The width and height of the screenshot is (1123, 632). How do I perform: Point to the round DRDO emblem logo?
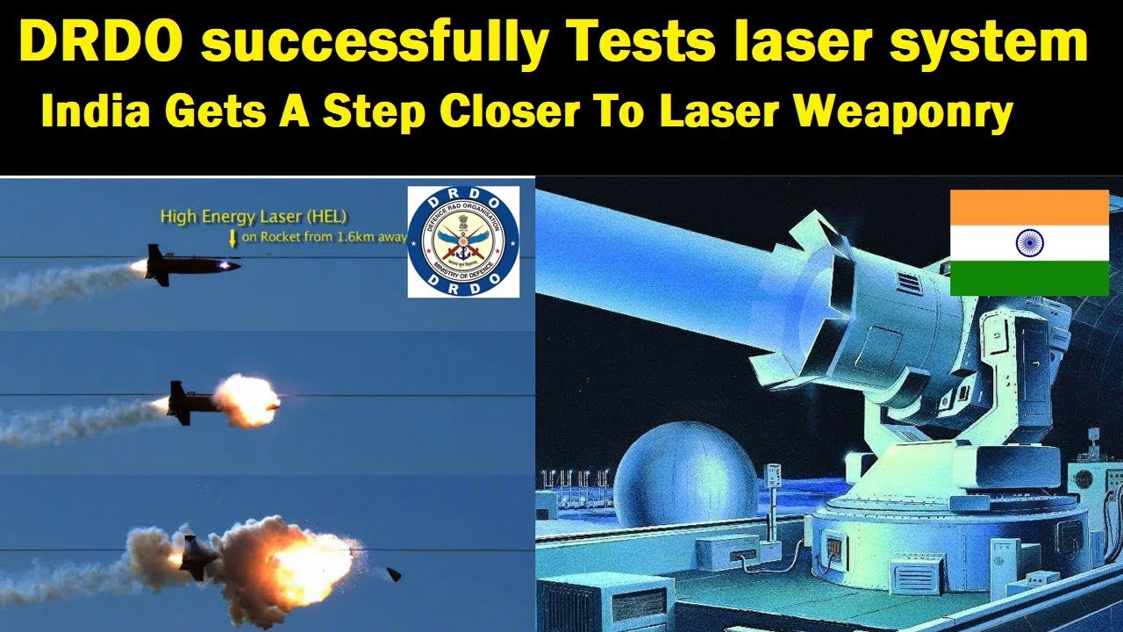pos(463,241)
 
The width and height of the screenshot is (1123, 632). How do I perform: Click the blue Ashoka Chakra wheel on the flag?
pos(1029,242)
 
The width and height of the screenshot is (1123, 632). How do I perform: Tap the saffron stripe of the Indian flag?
pos(1029,207)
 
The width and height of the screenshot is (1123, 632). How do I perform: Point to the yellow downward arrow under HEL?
pos(232,236)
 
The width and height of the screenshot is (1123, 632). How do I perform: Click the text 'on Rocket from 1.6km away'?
pos(323,236)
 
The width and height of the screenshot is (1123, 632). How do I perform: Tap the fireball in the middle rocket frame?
pos(247,399)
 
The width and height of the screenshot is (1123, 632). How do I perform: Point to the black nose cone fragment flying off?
pos(394,574)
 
